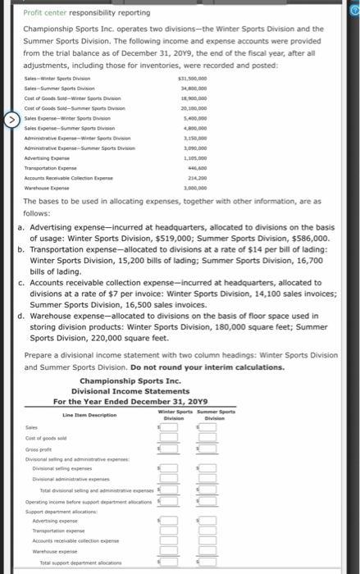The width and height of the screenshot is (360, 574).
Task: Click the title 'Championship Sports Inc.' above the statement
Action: (x=130, y=380)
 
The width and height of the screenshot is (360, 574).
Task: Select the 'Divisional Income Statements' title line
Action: (x=130, y=390)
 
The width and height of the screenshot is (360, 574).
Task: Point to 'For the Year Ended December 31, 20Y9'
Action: (x=130, y=401)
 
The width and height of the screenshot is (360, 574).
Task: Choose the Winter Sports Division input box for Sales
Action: (x=169, y=427)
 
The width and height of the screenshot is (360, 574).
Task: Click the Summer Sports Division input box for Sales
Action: (x=207, y=427)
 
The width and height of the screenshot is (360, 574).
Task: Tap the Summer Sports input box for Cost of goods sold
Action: (x=207, y=439)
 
